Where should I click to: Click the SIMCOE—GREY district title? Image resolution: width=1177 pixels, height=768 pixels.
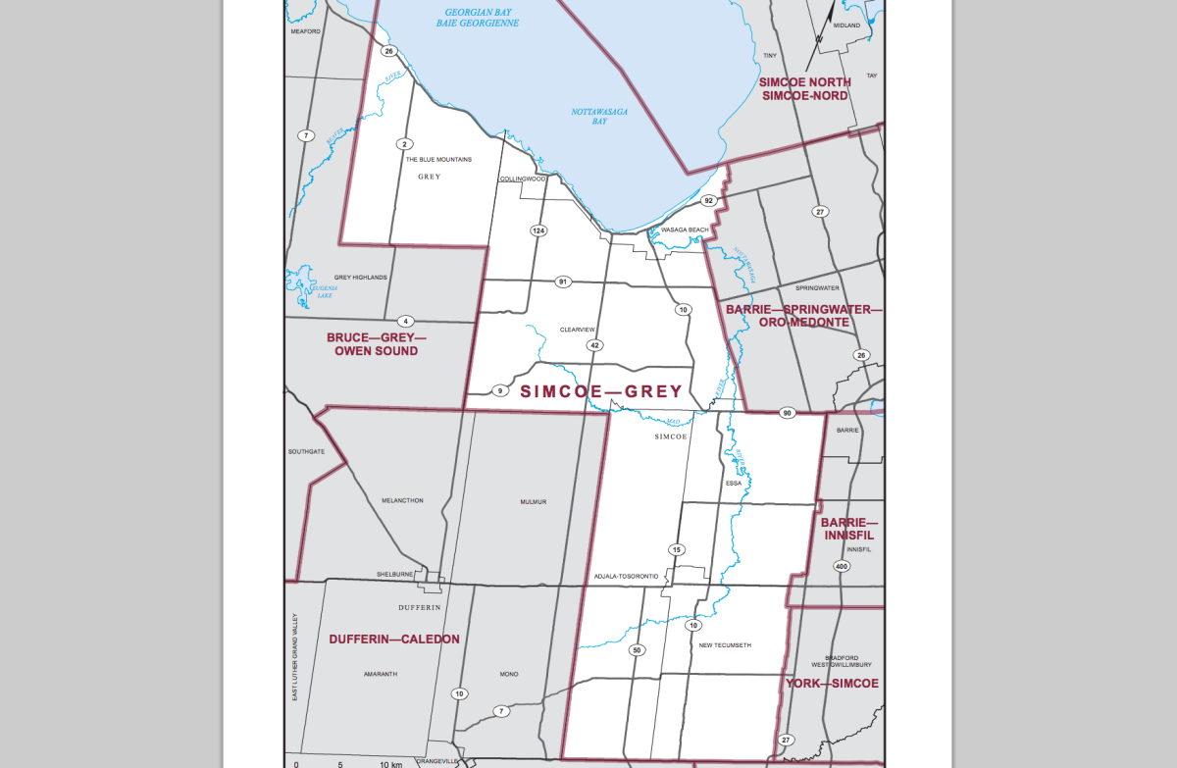[x=600, y=391]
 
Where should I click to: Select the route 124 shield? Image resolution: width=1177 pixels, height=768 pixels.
[x=537, y=230]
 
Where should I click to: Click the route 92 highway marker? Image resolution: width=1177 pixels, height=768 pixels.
[x=708, y=200]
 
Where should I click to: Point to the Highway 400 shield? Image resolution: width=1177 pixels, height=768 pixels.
[x=842, y=567]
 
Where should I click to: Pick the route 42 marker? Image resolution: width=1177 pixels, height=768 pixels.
[x=594, y=345]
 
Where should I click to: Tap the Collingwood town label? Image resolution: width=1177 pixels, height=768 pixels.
[x=522, y=179]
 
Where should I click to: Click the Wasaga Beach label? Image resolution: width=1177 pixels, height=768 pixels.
[x=685, y=230]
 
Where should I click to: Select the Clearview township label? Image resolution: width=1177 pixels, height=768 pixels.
[x=578, y=329]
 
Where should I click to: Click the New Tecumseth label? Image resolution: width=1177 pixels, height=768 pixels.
[x=725, y=644]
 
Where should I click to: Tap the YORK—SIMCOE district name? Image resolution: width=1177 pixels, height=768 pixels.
[x=832, y=683]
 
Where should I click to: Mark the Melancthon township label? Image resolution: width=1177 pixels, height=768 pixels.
[x=402, y=500]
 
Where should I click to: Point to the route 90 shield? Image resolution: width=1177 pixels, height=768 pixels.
[x=787, y=413]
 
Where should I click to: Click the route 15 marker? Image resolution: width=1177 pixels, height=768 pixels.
[x=676, y=549]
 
